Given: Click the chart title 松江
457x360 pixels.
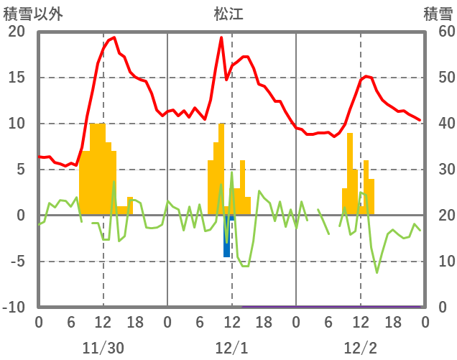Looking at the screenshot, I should point(228,14).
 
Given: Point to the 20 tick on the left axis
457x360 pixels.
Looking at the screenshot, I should point(16,32).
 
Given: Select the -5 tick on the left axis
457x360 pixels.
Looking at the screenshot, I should point(16,262).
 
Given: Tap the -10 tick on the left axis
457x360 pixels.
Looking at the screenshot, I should point(14,308).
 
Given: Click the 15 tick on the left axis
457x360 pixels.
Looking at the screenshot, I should point(16,78).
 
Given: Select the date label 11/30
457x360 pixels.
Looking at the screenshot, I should point(103,348).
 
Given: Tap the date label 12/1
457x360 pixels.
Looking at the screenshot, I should point(231,348).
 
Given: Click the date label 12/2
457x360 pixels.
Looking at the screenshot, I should point(360,348).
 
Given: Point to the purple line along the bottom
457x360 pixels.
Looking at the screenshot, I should point(331,307).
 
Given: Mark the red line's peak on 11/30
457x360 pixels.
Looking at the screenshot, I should point(114,37).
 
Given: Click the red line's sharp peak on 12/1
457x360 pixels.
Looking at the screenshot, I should point(221,37).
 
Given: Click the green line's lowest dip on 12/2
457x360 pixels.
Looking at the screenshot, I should point(377,272).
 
